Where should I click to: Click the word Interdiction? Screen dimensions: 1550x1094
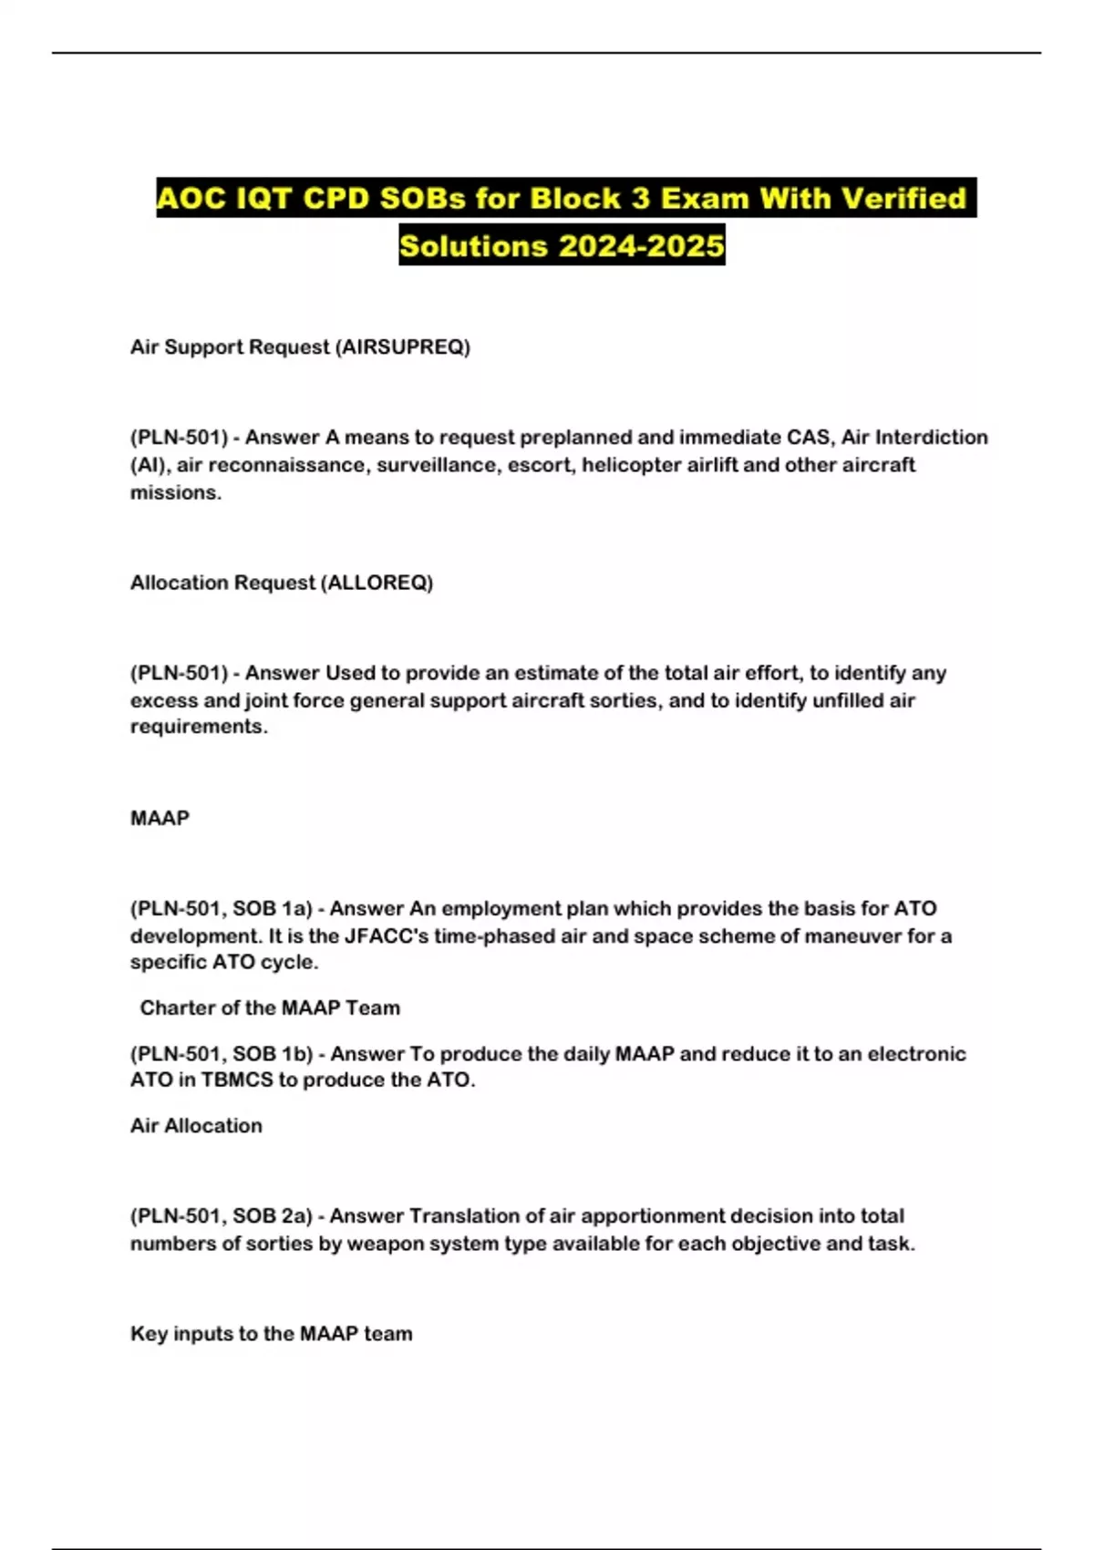point(931,438)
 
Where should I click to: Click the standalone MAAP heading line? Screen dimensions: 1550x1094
point(160,818)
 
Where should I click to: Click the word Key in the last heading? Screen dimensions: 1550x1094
point(149,1334)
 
